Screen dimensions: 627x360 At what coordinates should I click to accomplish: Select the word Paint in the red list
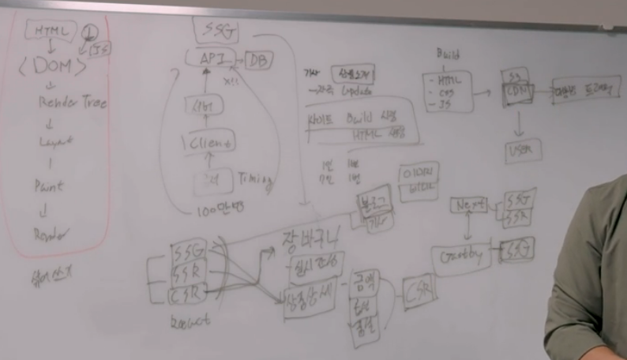pyautogui.click(x=48, y=187)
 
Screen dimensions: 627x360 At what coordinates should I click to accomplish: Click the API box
pyautogui.click(x=211, y=58)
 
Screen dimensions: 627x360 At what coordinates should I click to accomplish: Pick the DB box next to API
pyautogui.click(x=257, y=60)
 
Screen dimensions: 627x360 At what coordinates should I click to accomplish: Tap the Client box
pyautogui.click(x=209, y=143)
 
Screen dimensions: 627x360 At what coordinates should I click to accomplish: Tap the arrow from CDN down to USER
pyautogui.click(x=519, y=122)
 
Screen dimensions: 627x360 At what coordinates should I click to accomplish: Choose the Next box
pyautogui.click(x=468, y=205)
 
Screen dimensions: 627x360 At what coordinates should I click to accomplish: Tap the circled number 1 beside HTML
pyautogui.click(x=89, y=31)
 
